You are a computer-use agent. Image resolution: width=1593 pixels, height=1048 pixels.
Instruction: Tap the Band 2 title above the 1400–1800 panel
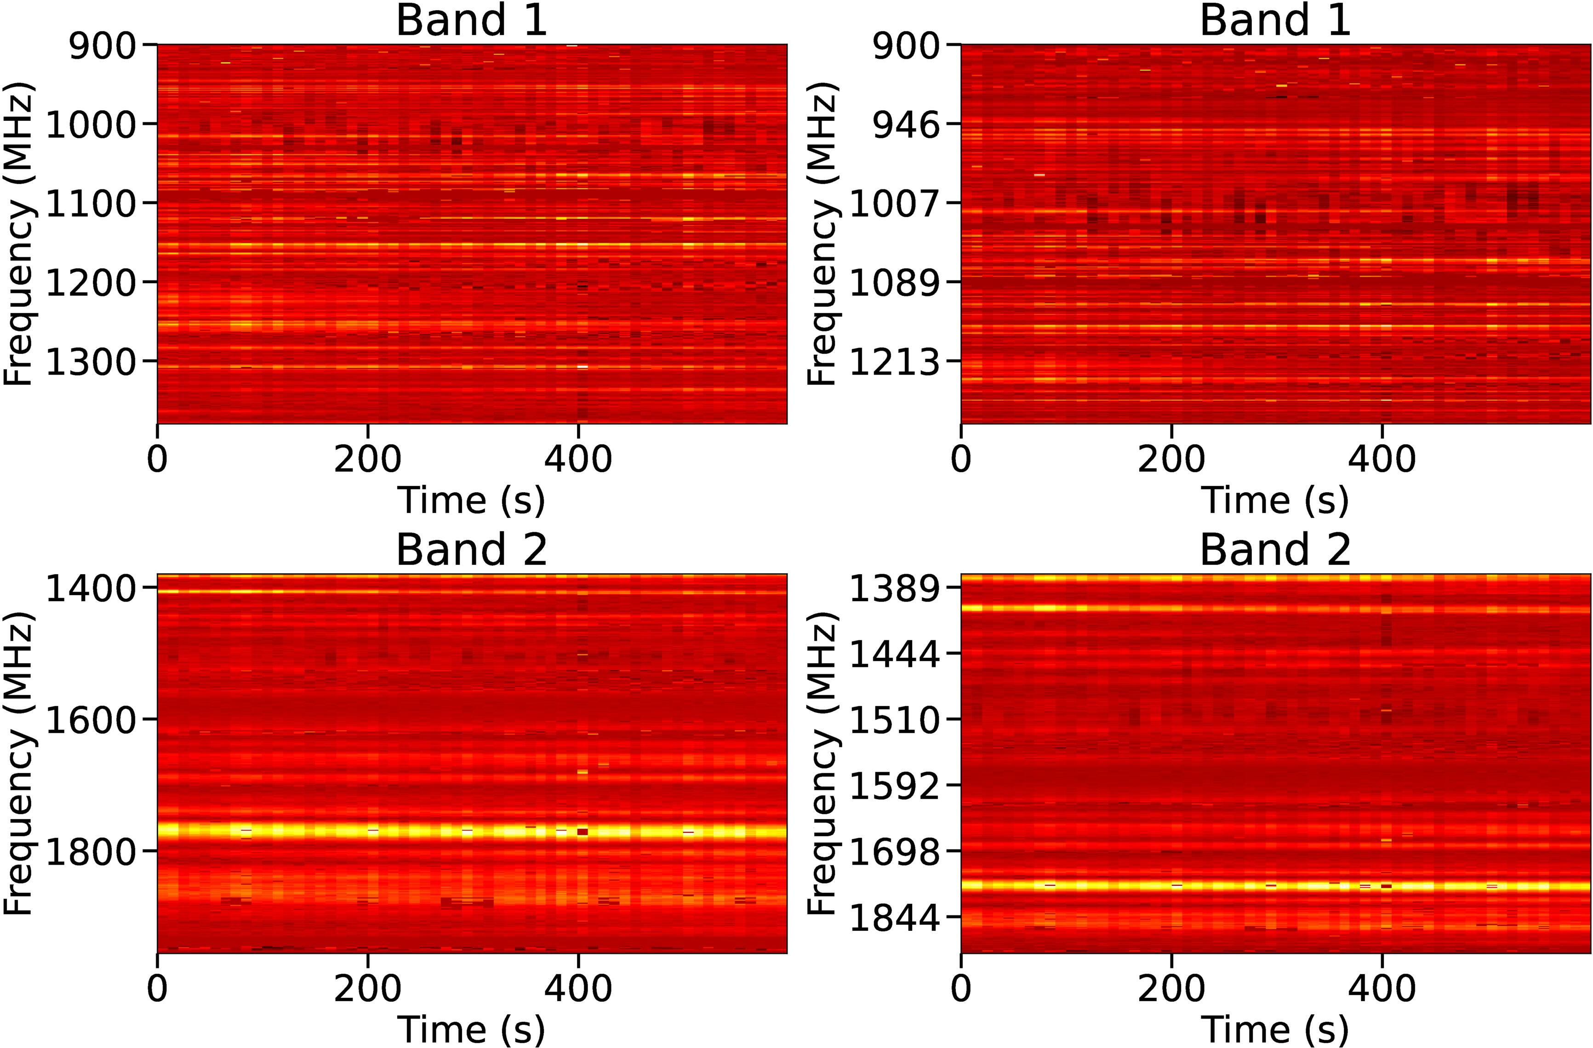[472, 550]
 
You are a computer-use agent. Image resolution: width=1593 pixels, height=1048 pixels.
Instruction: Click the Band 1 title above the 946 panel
[1275, 20]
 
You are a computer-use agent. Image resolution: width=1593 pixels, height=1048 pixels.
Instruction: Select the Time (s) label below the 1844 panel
[1275, 1029]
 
